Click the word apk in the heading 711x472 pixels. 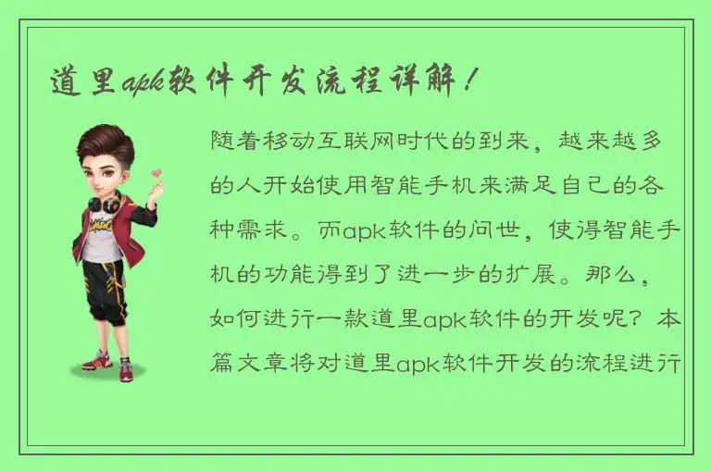click(x=142, y=82)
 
